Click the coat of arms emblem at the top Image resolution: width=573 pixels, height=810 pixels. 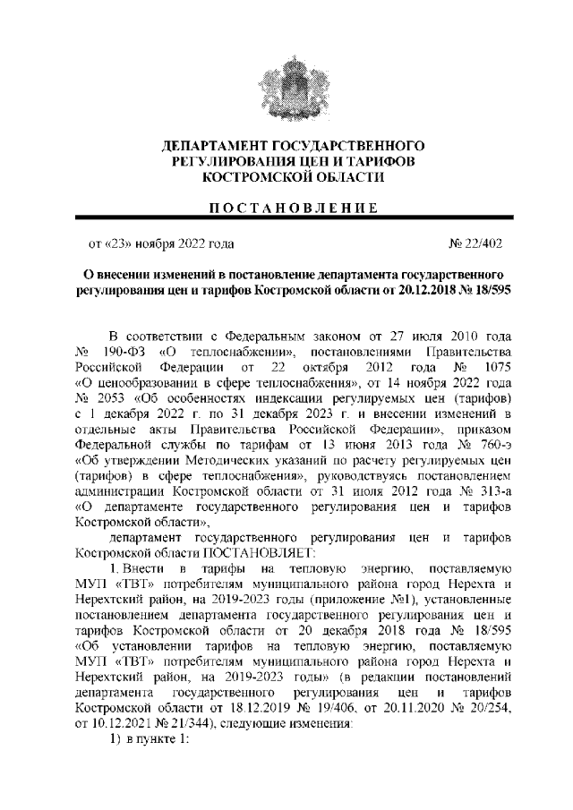click(287, 85)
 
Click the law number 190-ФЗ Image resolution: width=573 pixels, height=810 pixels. click(126, 350)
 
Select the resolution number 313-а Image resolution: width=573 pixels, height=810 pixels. click(485, 493)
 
